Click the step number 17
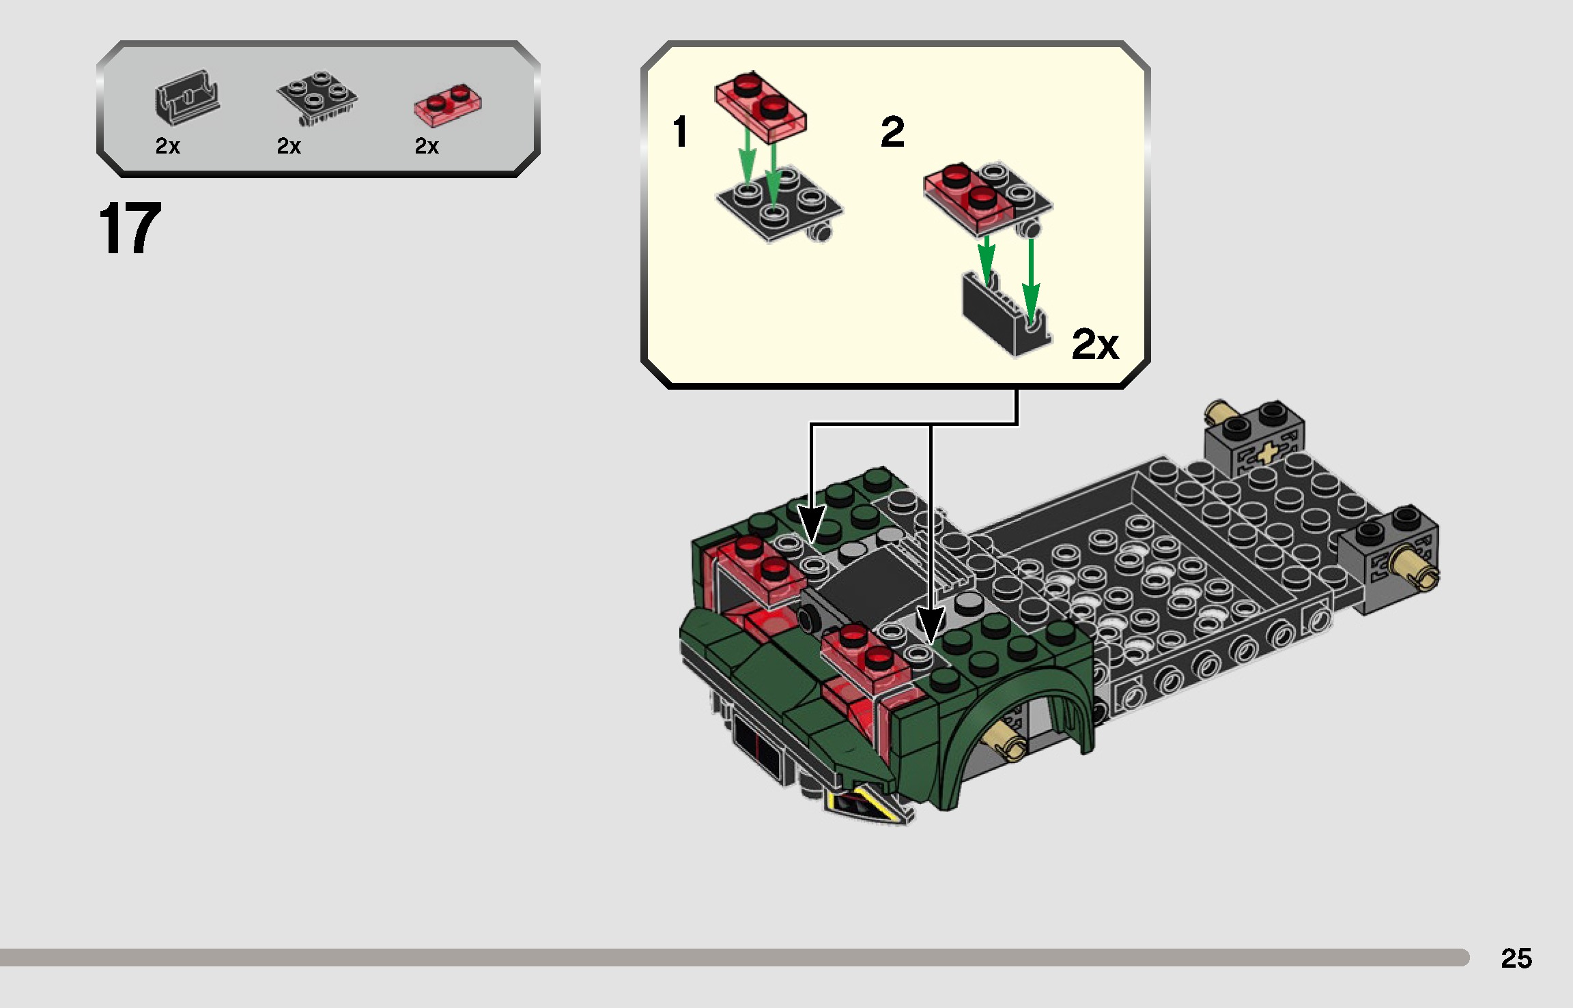tap(130, 229)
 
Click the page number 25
tap(1516, 958)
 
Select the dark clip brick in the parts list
tap(186, 100)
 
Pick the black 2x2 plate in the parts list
tap(316, 98)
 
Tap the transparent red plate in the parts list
tap(447, 105)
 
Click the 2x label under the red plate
tap(427, 146)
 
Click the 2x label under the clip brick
tap(167, 146)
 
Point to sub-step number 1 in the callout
tap(680, 131)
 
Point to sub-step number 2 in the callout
tap(892, 132)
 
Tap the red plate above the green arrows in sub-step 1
tap(760, 106)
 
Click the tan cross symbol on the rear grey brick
tap(1266, 453)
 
